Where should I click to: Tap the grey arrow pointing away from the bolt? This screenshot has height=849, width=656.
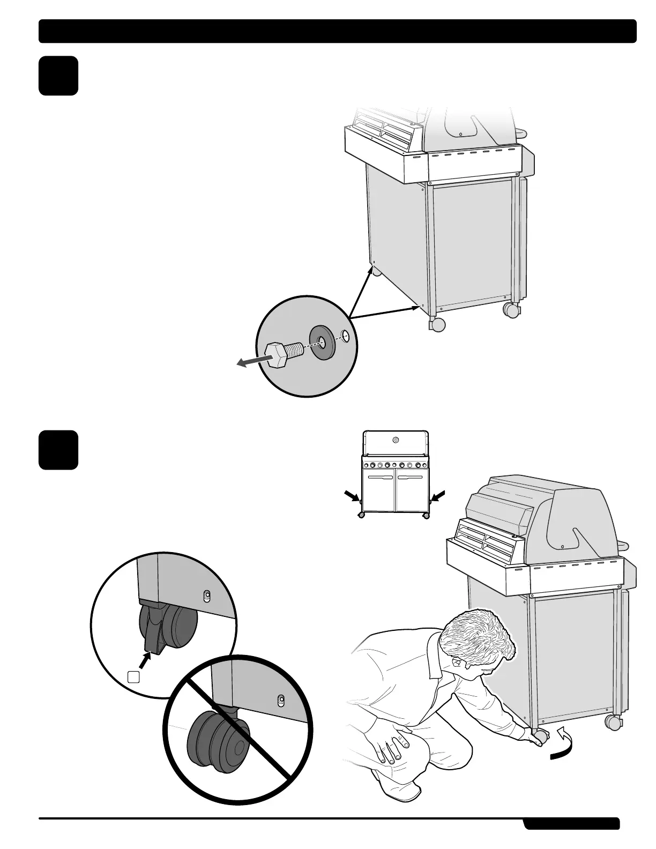point(250,362)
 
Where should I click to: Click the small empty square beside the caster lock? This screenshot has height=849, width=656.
point(134,676)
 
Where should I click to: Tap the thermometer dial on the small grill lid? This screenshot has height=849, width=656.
point(396,440)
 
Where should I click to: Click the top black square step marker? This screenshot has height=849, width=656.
point(58,76)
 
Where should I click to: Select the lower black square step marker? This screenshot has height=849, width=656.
point(58,450)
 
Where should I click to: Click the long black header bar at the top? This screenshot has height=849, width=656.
point(337,31)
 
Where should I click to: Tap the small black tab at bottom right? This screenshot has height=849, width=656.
point(571,823)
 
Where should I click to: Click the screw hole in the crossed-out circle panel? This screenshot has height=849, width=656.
point(280,699)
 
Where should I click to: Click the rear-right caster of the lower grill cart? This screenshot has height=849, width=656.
point(613,722)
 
